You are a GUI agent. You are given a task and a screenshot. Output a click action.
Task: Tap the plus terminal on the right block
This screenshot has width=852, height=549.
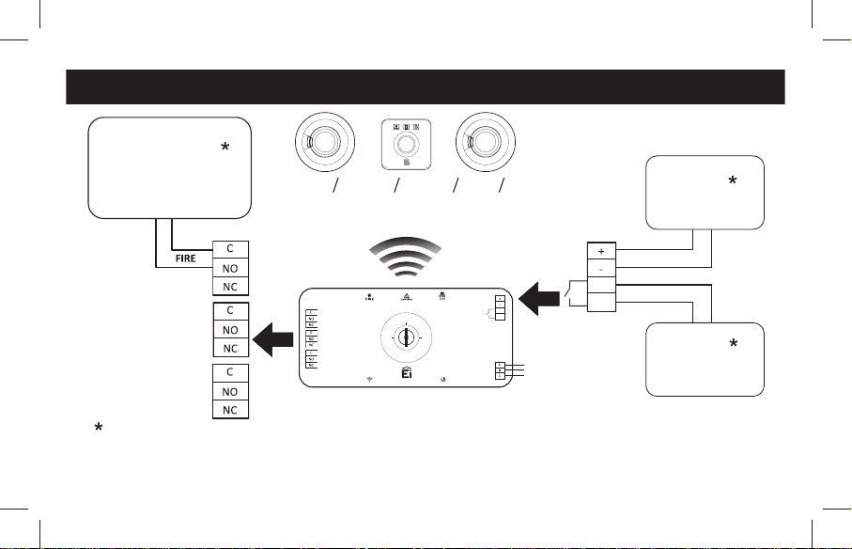pyautogui.click(x=601, y=252)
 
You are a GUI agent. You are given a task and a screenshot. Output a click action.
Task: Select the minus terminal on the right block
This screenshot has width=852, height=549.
pyautogui.click(x=601, y=268)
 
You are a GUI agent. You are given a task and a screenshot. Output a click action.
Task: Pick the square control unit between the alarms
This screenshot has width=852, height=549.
pyautogui.click(x=405, y=144)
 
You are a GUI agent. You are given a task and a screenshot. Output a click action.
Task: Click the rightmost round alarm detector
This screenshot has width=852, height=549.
pyautogui.click(x=487, y=142)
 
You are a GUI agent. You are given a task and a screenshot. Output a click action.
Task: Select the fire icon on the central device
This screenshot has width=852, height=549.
pyautogui.click(x=368, y=295)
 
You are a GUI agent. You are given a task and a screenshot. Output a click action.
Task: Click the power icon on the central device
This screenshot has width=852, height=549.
pyautogui.click(x=442, y=380)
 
